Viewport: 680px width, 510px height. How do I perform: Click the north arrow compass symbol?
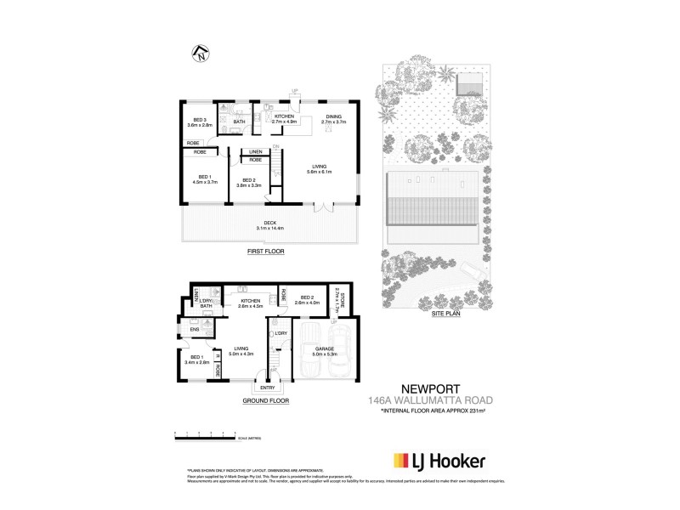[x=200, y=53]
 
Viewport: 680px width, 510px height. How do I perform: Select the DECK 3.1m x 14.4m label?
[x=269, y=226]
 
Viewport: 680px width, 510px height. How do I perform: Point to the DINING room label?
[x=333, y=120]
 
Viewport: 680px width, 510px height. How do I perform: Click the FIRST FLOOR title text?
[x=265, y=252]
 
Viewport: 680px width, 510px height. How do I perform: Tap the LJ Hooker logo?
[x=439, y=461]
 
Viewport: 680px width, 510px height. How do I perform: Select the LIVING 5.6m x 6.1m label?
[x=320, y=169]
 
